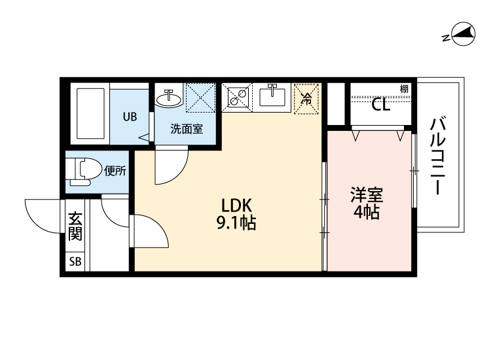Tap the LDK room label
(236, 206)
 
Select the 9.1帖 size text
(236, 223)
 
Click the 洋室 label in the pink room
(367, 194)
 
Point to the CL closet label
(381, 105)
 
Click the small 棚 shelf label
(405, 89)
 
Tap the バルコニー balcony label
(437, 156)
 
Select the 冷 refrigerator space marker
(306, 99)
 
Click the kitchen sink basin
(272, 96)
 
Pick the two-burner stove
(237, 97)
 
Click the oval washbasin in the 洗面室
(169, 99)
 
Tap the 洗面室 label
(187, 129)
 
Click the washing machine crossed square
(201, 98)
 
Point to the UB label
(130, 117)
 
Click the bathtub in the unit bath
(90, 113)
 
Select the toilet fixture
(83, 171)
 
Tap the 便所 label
(115, 171)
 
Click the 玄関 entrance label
(75, 226)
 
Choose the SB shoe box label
(75, 261)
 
